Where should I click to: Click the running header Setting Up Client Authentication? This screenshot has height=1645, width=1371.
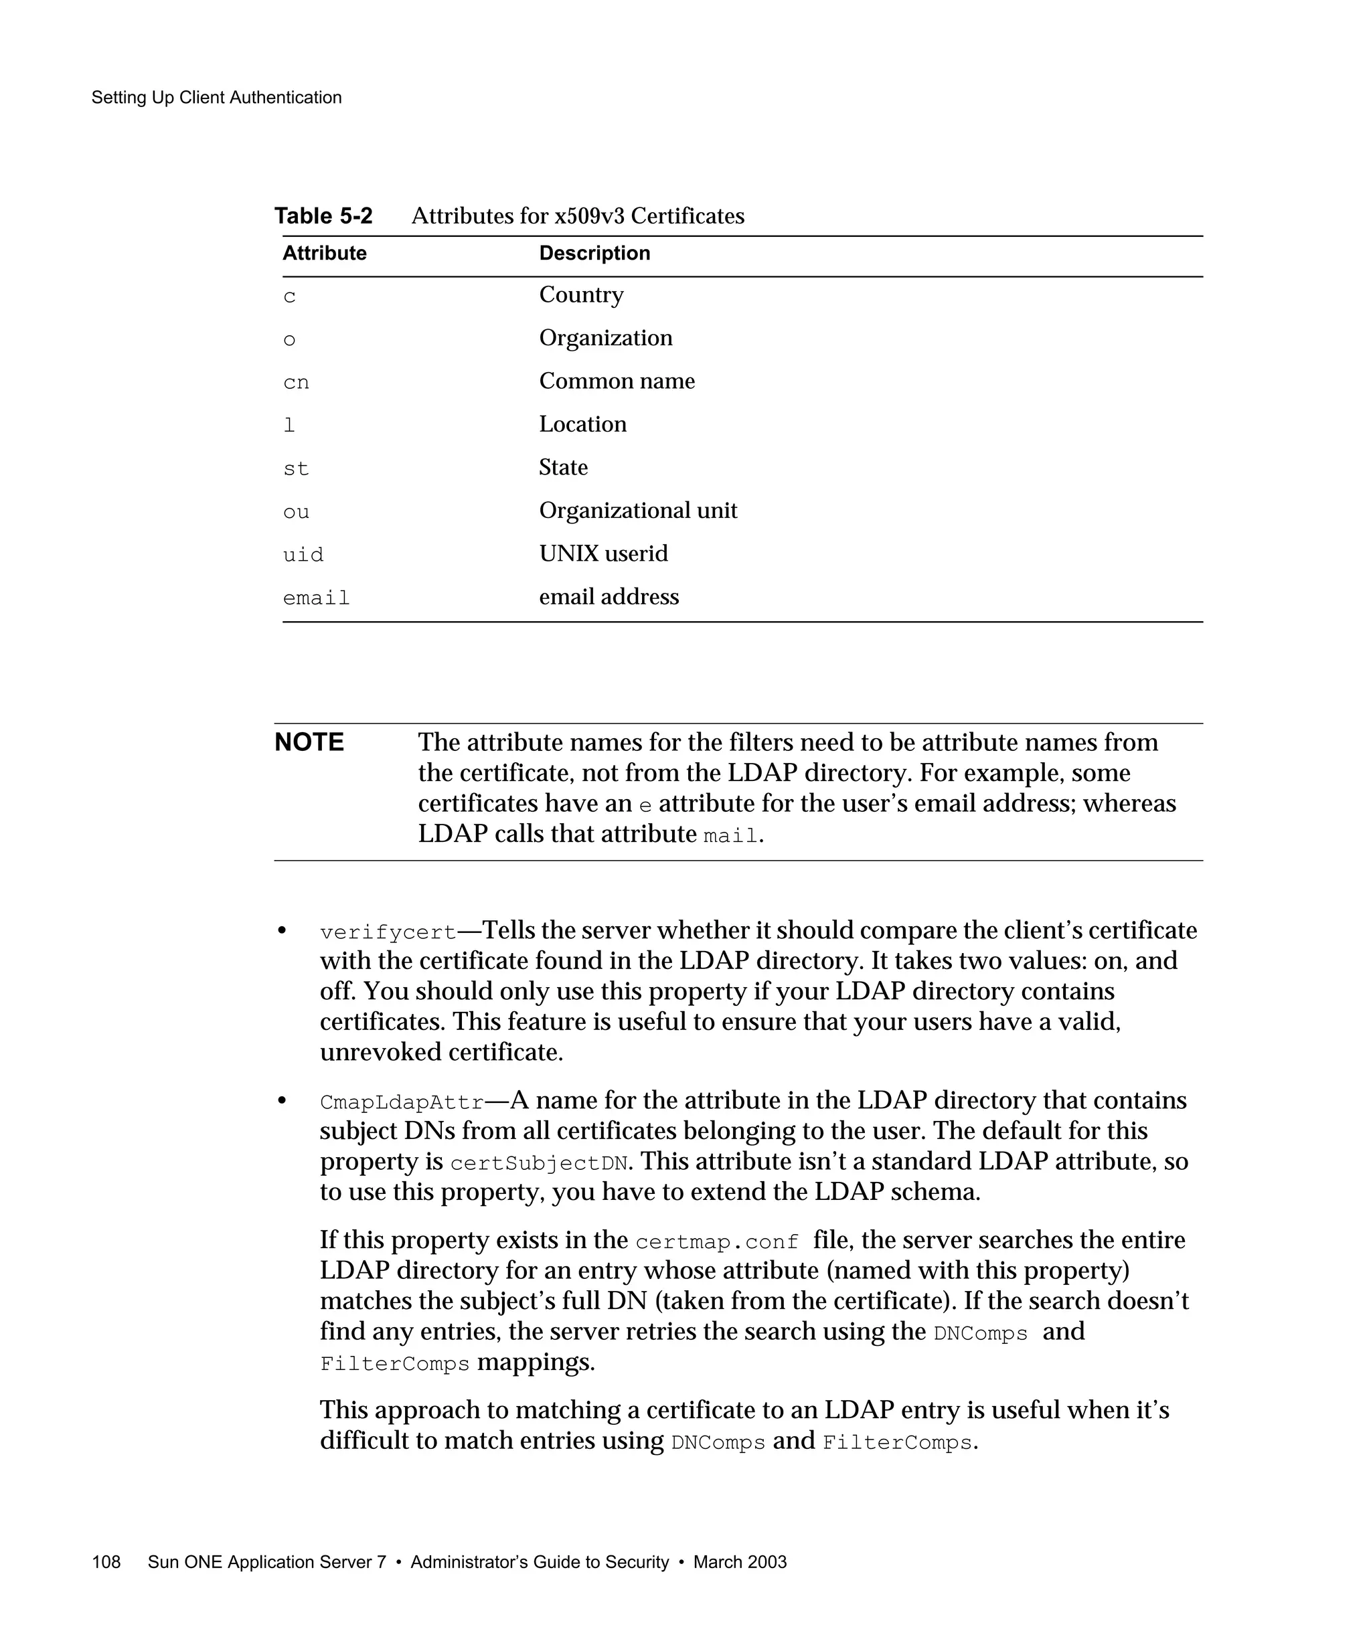coord(216,98)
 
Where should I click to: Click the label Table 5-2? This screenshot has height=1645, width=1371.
coord(323,216)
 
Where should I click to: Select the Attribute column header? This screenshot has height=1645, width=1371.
coord(324,253)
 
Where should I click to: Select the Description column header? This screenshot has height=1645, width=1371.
coord(594,253)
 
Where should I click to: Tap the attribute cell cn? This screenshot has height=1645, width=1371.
coord(296,383)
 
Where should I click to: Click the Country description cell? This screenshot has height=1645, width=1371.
coord(581,295)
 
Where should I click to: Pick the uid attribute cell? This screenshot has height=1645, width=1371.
coord(303,555)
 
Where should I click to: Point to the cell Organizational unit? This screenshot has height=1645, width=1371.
coord(638,511)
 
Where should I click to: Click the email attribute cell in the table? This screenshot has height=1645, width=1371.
coord(316,598)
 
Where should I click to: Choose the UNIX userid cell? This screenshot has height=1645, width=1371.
coord(603,554)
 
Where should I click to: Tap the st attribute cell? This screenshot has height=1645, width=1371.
coord(296,469)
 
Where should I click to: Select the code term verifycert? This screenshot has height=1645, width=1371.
coord(388,933)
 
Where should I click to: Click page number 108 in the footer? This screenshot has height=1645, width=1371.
coord(106,1562)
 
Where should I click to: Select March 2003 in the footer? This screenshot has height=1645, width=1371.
coord(740,1562)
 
